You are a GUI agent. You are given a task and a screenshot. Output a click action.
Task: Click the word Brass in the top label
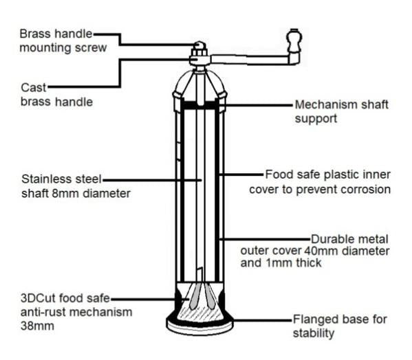(x=36, y=34)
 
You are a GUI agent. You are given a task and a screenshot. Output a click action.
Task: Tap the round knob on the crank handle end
(x=294, y=41)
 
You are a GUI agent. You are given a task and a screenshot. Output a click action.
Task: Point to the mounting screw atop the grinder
(x=199, y=48)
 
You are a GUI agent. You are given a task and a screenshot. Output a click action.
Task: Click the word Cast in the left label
(x=34, y=88)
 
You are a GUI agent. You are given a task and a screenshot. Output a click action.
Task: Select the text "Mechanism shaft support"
(x=341, y=111)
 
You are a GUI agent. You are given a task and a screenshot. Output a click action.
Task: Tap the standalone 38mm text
(x=37, y=326)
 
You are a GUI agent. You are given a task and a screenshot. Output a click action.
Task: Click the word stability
(x=314, y=333)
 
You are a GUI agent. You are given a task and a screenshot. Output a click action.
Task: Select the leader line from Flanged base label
(x=263, y=320)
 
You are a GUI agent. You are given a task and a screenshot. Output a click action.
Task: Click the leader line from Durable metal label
(x=265, y=239)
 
